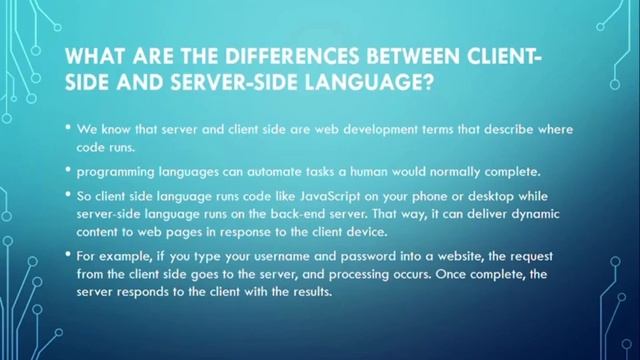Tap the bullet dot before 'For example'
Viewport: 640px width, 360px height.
(69, 257)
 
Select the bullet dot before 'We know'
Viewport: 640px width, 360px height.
(69, 129)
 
